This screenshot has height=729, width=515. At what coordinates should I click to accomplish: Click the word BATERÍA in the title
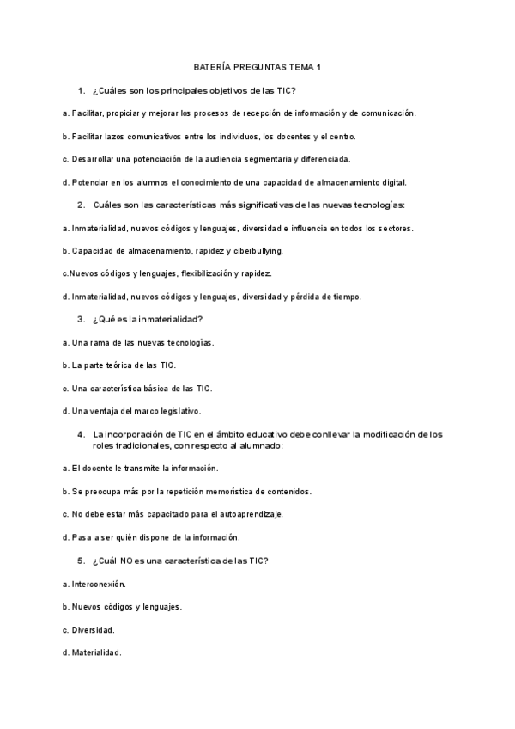[x=212, y=67]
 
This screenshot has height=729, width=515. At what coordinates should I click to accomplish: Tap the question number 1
[x=80, y=90]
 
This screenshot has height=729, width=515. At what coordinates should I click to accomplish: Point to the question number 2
[x=80, y=205]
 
